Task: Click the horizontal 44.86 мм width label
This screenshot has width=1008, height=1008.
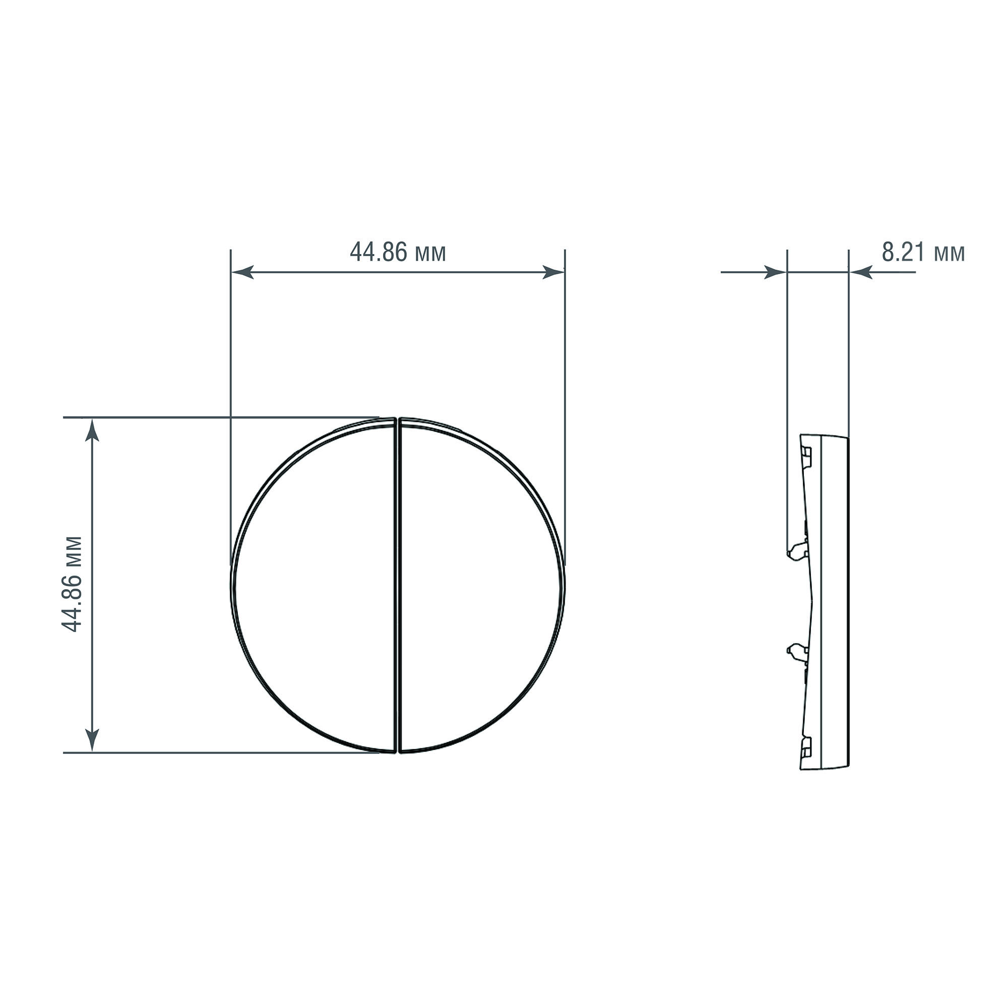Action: click(x=398, y=252)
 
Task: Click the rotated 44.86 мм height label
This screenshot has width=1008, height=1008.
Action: click(x=72, y=584)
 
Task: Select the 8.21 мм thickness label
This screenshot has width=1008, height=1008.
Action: click(x=923, y=252)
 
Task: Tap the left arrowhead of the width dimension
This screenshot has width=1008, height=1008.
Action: click(x=242, y=272)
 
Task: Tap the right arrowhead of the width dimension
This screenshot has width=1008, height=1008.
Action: click(x=553, y=272)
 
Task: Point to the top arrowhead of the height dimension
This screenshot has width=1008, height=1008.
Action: click(x=92, y=430)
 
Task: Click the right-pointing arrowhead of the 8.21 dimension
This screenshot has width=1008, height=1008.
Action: click(x=775, y=272)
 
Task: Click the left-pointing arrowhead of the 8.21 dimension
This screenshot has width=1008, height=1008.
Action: click(x=860, y=272)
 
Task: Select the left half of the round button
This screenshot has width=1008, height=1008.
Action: click(x=313, y=585)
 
